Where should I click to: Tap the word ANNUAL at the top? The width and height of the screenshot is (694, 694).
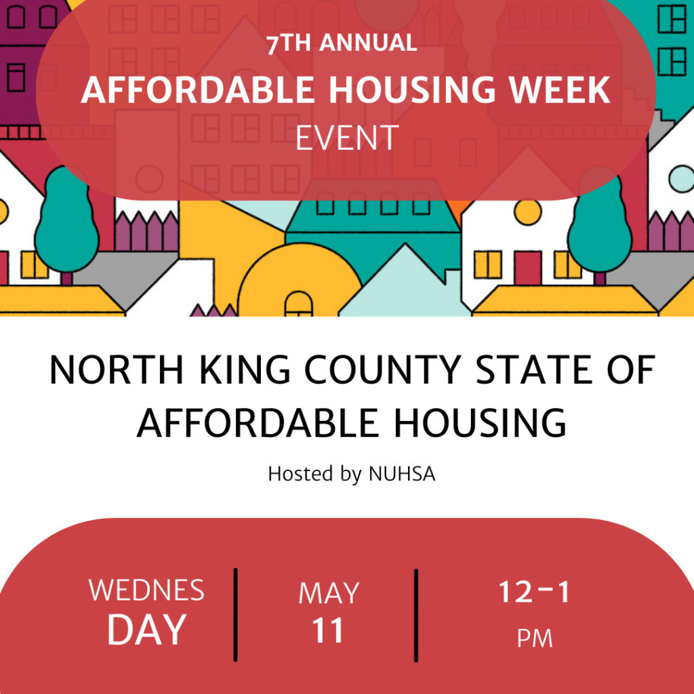[368, 43]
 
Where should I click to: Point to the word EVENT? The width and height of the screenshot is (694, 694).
[346, 138]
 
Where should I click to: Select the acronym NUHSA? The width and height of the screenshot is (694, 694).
[402, 474]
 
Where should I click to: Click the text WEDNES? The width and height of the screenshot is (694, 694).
[146, 590]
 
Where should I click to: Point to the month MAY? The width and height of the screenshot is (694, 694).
[329, 594]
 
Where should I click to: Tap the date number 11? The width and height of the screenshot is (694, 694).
[329, 630]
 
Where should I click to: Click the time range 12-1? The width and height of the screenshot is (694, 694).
[535, 592]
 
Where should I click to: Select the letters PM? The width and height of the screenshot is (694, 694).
[535, 638]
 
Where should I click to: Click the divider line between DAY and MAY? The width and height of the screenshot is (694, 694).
[236, 614]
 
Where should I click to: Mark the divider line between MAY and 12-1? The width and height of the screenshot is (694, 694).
[416, 614]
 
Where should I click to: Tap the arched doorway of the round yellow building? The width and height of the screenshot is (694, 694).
[298, 304]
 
